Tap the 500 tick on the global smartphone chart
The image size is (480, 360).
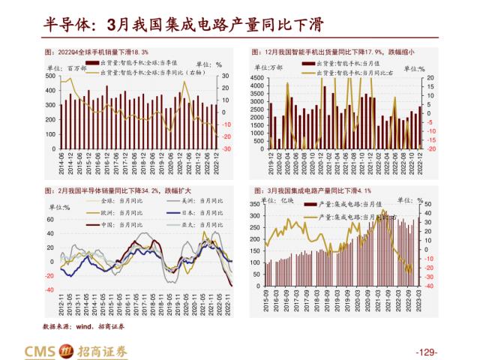[x=49, y=76]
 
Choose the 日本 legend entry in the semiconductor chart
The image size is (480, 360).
[x=198, y=213]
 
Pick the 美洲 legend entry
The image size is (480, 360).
[x=198, y=202]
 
